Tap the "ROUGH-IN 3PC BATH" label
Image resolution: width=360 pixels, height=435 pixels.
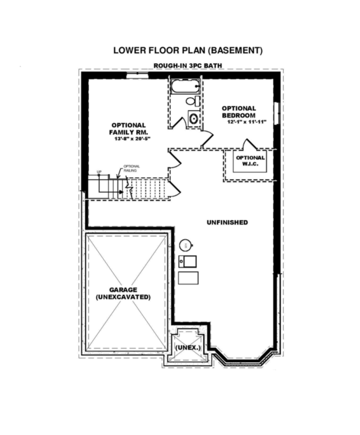click(x=188, y=66)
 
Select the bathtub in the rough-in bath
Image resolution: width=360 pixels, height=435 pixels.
click(x=185, y=86)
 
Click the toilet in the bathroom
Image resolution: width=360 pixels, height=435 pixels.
click(x=192, y=101)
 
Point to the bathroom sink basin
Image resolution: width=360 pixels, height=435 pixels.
click(x=193, y=118)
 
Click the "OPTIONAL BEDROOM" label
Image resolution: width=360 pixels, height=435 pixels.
click(x=239, y=112)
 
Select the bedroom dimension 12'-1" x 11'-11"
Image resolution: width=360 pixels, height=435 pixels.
click(x=247, y=122)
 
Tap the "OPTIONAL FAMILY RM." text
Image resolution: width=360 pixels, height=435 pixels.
click(x=129, y=129)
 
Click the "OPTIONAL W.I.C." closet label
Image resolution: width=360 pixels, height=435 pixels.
click(x=250, y=160)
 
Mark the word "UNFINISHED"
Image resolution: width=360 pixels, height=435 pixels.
click(x=227, y=223)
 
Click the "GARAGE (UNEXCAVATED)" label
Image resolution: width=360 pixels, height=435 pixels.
click(x=124, y=293)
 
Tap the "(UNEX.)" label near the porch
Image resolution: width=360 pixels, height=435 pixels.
click(x=188, y=348)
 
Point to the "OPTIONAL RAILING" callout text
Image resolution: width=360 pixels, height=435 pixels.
click(x=131, y=168)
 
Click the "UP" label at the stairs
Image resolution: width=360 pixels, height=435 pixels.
click(x=98, y=172)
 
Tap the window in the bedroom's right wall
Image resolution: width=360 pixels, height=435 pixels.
click(x=276, y=112)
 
